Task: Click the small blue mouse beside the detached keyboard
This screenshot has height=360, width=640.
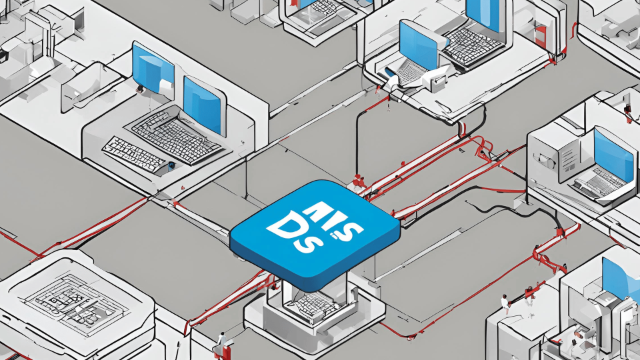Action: tap(171, 165)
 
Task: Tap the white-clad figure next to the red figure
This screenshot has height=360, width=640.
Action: tap(506, 303)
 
